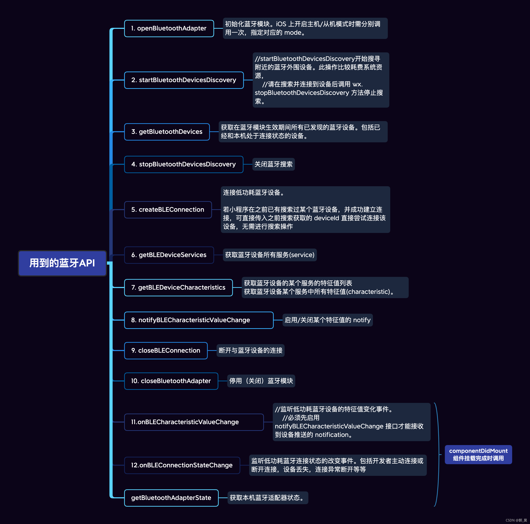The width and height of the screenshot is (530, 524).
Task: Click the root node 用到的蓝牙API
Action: pos(62,263)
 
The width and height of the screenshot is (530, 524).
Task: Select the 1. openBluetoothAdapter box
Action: pos(169,28)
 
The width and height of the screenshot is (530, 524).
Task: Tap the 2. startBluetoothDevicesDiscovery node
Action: pos(184,80)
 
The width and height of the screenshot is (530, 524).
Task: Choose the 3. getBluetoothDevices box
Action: pos(167,132)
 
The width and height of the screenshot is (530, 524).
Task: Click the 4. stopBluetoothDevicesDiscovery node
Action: pos(184,164)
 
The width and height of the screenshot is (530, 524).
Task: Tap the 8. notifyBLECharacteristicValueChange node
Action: pos(199,320)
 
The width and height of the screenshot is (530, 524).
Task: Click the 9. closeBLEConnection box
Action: pos(166,351)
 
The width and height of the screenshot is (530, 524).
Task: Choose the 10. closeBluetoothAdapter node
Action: pos(171,381)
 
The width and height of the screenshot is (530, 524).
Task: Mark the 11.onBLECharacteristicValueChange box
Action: pos(194,422)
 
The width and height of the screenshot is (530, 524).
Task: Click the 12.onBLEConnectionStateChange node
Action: pos(182,465)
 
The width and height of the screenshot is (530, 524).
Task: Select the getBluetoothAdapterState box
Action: pos(171,498)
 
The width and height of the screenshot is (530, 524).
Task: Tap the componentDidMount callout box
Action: pos(478,454)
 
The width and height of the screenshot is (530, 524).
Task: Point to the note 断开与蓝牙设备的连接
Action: pos(250,351)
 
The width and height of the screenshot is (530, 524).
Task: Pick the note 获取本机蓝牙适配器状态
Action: pos(268,498)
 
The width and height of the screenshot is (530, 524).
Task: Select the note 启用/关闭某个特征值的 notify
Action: pos(327,320)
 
